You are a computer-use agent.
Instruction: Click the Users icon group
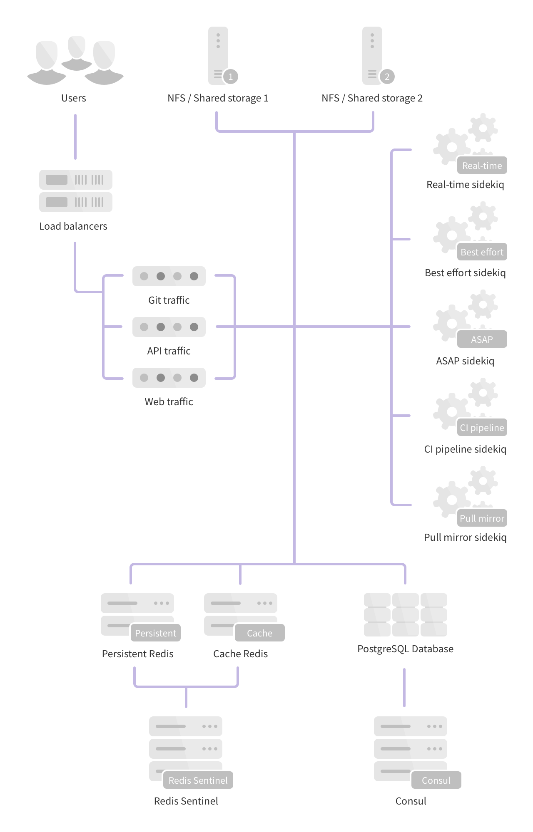pos(75,61)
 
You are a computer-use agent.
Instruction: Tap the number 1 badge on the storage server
pos(230,77)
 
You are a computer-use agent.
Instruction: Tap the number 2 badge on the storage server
pos(387,77)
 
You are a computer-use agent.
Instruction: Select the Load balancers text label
pos(73,226)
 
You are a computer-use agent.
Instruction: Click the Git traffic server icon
pos(169,276)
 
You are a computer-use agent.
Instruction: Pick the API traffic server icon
pos(169,327)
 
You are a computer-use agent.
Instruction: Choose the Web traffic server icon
pos(169,378)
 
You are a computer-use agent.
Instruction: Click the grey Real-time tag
pos(482,166)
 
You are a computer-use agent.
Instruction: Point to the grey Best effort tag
pos(482,252)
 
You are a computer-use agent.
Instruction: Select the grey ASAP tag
pos(482,339)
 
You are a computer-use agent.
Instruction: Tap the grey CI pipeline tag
pos(482,428)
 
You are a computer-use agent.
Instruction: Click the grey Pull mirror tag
pos(482,518)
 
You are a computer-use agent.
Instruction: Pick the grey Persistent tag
pos(155,633)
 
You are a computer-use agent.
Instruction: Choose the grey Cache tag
pos(259,633)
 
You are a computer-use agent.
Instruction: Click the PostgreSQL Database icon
pos(405,615)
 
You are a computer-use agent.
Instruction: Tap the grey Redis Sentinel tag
pos(198,780)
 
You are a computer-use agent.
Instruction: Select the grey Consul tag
pos(436,780)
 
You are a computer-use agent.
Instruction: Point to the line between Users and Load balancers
pos(75,137)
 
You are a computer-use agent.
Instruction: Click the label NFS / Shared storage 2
pos(372,98)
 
